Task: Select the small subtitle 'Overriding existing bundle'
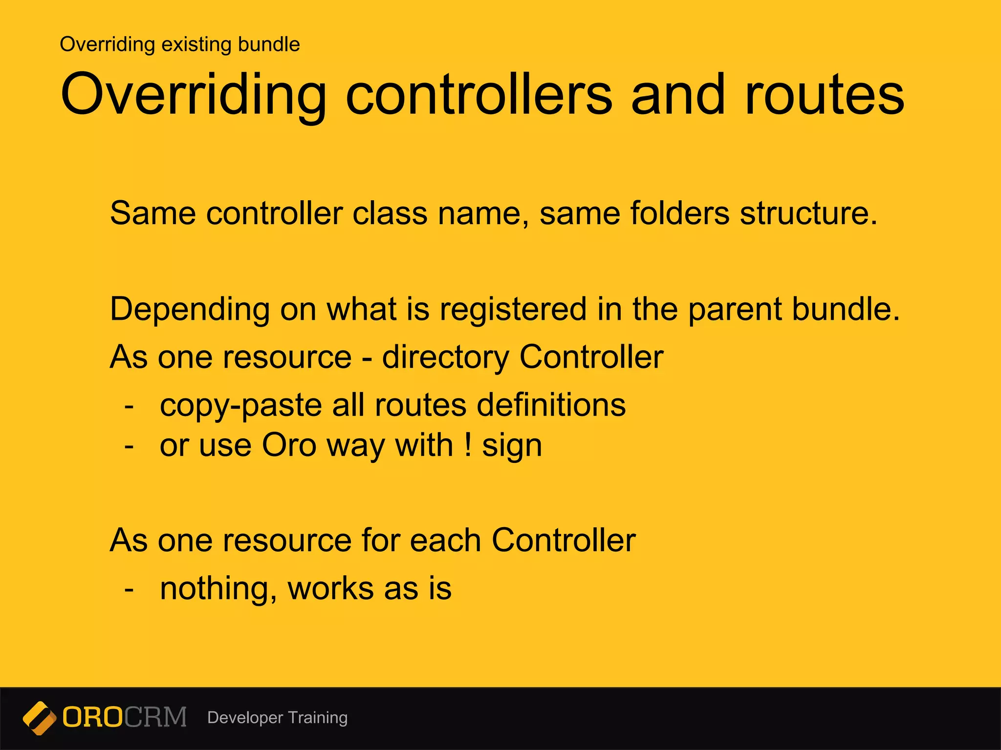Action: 179,44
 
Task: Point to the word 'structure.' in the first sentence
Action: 808,213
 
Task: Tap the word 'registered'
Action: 513,310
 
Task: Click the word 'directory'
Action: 445,357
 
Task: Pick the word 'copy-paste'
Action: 240,405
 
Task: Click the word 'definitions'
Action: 551,405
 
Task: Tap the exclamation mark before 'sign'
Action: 468,445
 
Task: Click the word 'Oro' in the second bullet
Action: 289,445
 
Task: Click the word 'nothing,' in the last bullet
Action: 218,589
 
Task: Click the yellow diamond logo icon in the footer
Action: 40,718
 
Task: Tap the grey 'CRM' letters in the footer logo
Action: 155,717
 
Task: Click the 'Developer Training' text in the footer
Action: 277,718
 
